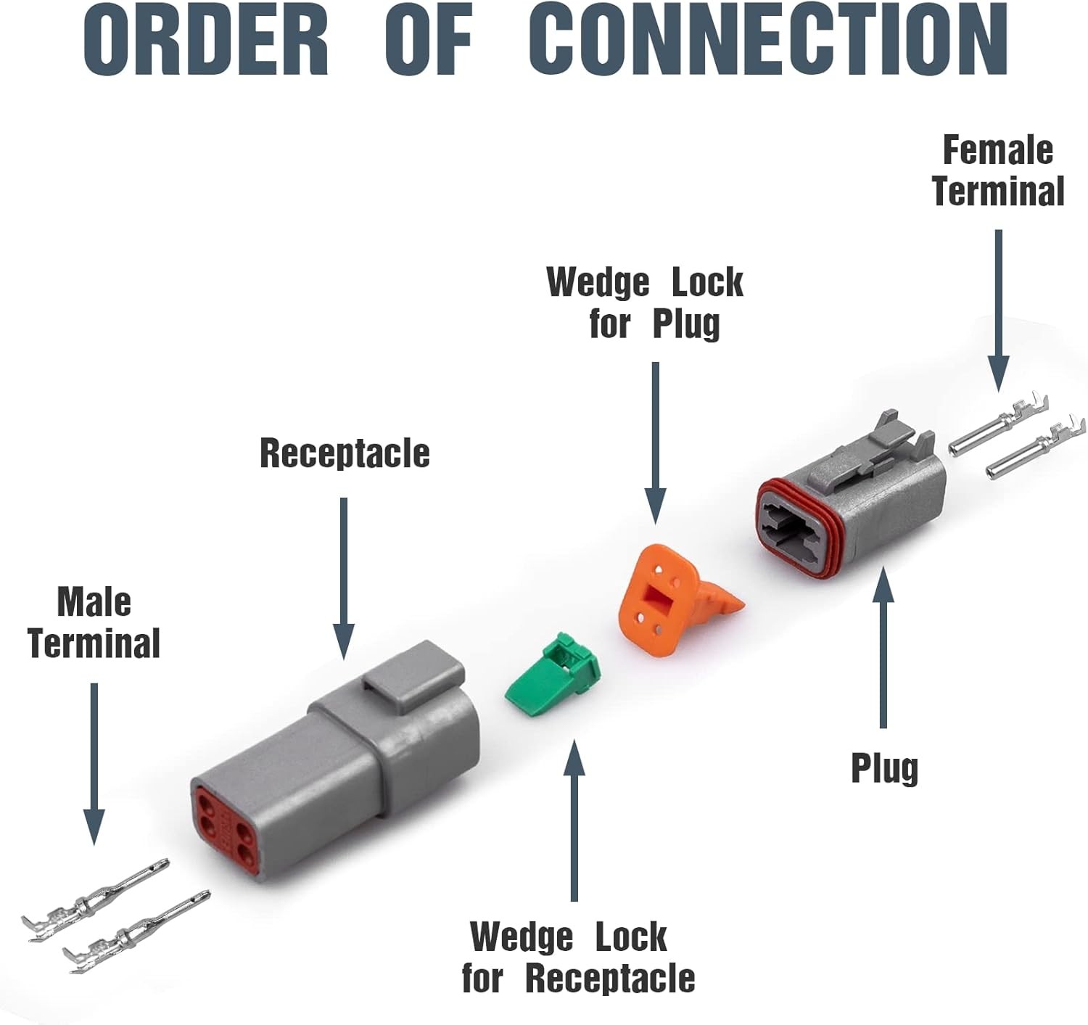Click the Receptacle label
click(345, 453)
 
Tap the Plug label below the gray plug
click(884, 768)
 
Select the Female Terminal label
click(998, 171)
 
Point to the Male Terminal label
click(94, 623)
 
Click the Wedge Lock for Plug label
click(645, 302)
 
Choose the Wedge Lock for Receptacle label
click(578, 957)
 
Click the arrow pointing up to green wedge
click(574, 820)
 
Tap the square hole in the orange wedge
click(660, 599)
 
